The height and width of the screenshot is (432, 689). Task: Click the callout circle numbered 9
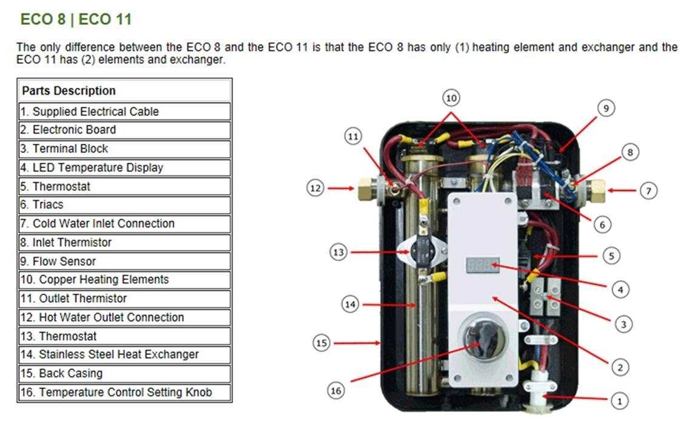click(605, 108)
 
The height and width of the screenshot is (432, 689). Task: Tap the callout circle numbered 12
click(315, 188)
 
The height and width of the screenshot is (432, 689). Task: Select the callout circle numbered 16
click(336, 390)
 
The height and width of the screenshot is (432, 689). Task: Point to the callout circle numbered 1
click(619, 400)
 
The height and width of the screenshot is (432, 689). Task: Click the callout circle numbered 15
click(321, 343)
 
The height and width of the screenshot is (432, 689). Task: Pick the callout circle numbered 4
click(620, 290)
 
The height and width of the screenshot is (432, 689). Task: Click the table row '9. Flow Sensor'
click(124, 261)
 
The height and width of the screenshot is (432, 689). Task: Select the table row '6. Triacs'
click(124, 204)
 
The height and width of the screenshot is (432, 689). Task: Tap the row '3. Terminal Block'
click(124, 149)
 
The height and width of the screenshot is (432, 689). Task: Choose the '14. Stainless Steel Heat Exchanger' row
click(124, 354)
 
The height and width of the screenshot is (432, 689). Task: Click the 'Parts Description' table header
click(124, 91)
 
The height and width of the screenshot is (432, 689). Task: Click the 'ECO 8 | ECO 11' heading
click(76, 19)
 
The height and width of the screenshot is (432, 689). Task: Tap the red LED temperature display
click(482, 265)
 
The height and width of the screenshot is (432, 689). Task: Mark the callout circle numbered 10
click(451, 98)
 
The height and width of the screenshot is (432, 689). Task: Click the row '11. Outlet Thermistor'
click(124, 299)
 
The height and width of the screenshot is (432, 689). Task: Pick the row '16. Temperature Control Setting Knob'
click(124, 392)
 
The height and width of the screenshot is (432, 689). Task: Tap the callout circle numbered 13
click(338, 251)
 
